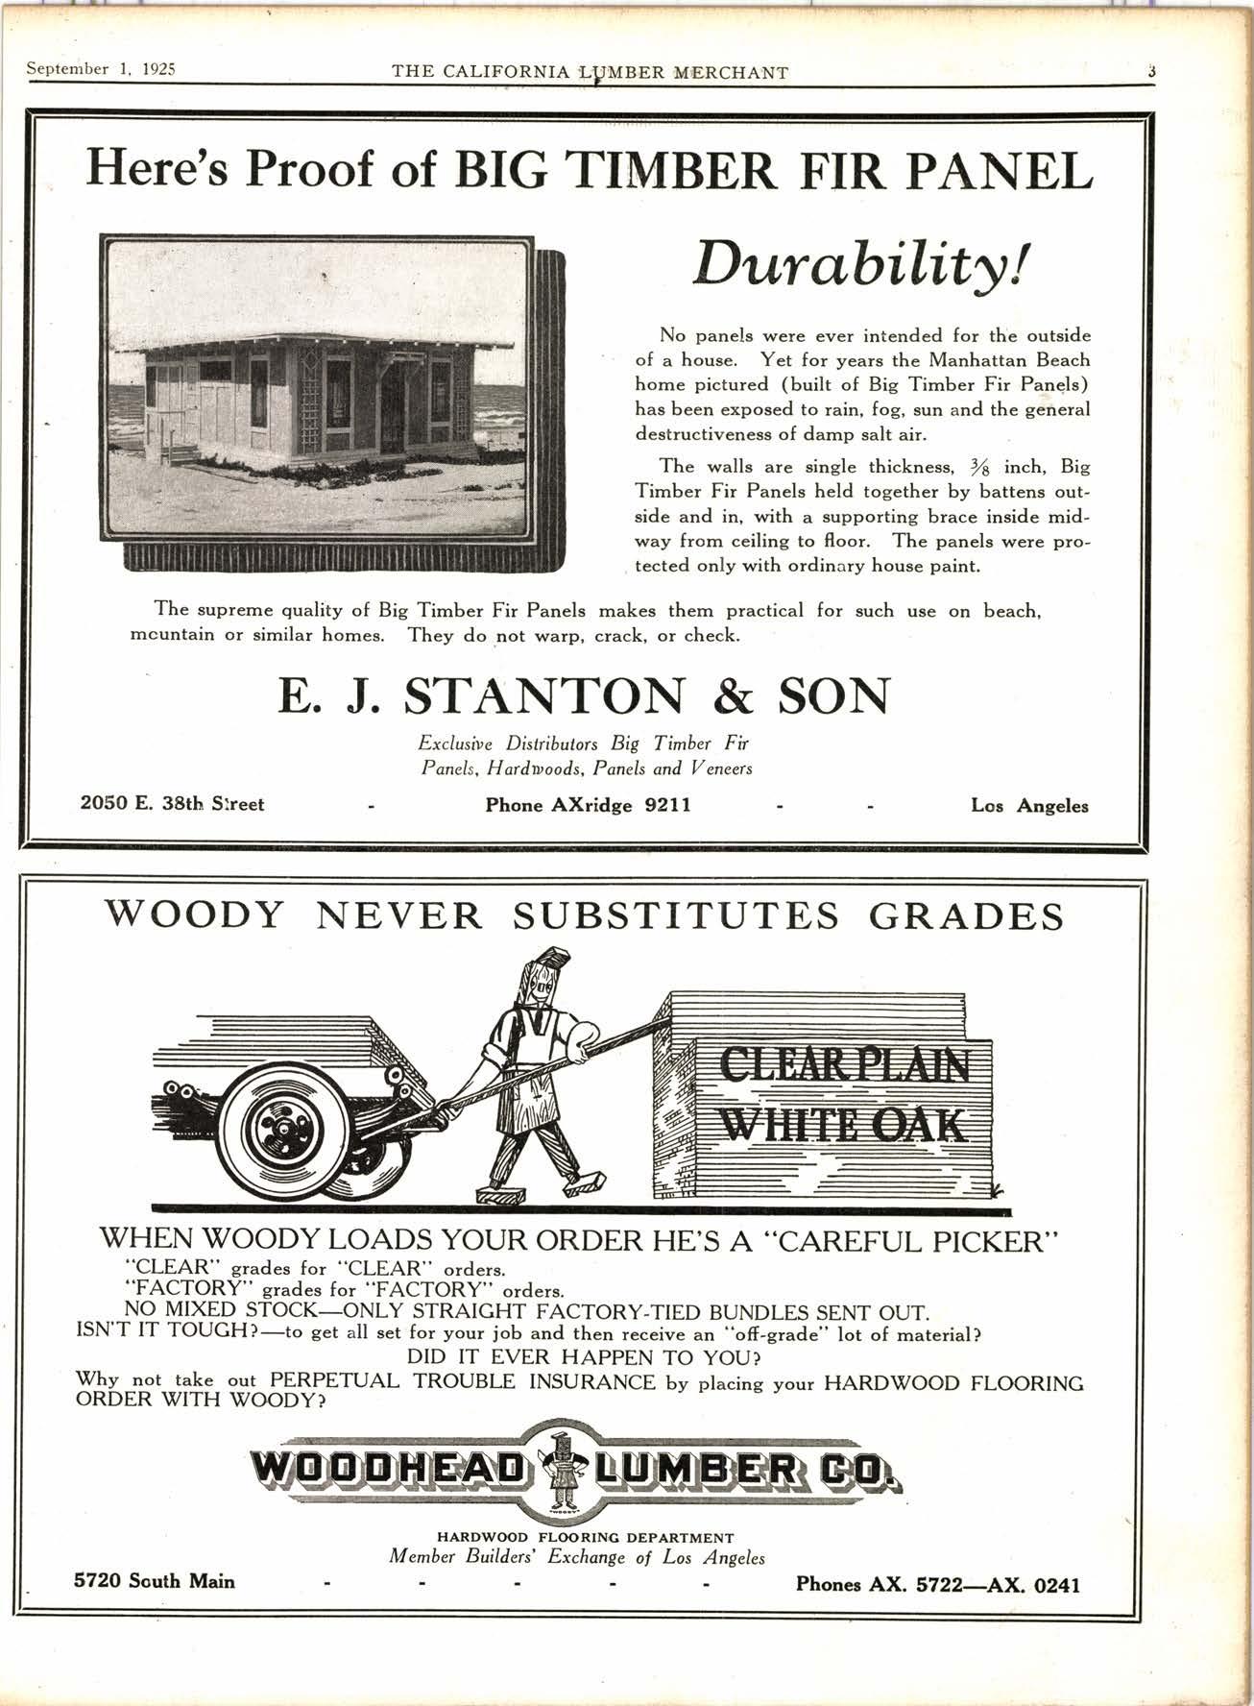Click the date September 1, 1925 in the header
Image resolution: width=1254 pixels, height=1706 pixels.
coord(104,70)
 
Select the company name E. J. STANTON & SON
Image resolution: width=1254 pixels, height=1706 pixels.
coord(584,696)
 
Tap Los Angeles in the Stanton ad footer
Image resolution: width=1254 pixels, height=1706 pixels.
coord(1029,806)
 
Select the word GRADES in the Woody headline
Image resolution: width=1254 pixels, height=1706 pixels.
coord(966,916)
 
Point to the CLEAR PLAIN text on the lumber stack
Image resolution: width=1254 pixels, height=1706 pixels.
coord(844,1064)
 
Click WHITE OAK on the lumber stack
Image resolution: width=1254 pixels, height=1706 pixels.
coord(844,1123)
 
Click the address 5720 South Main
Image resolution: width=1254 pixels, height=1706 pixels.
coord(155,1580)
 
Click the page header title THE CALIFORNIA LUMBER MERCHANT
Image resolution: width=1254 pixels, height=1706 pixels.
coord(591,72)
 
